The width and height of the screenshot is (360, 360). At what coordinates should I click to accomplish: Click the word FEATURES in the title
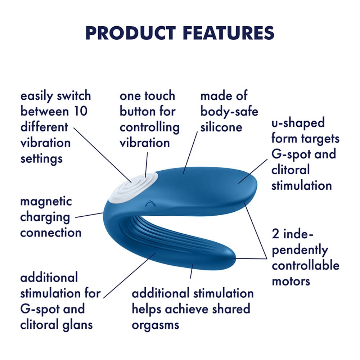tap(229, 33)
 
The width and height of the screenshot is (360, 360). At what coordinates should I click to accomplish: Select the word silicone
tap(221, 127)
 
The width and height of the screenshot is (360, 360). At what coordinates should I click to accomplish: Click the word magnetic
tap(46, 201)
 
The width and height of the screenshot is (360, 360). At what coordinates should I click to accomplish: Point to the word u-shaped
tap(298, 123)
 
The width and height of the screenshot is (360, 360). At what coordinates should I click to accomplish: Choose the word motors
tap(291, 281)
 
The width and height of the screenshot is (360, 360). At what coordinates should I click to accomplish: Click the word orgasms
tap(155, 325)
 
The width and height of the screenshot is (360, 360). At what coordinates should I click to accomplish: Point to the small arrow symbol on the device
tap(148, 204)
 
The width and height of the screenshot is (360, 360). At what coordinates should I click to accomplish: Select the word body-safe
tap(229, 112)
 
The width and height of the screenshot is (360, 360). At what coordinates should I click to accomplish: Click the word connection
tap(51, 233)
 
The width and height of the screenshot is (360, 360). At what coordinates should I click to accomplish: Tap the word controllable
tap(305, 265)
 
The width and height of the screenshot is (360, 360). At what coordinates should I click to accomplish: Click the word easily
tap(37, 96)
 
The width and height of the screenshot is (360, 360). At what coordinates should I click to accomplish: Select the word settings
tap(41, 158)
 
